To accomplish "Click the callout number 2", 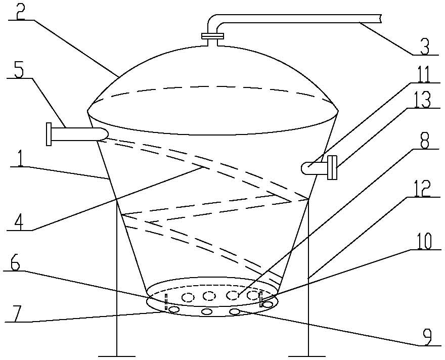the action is click(20, 11).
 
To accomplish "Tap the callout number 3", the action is click(425, 46).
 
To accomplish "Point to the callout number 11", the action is click(423, 74).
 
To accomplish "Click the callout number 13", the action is click(422, 100).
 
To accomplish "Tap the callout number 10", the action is click(423, 241).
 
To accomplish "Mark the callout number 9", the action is click(426, 337).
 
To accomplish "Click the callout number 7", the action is click(16, 314).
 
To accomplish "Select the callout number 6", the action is click(15, 263).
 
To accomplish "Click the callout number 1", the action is click(20, 159).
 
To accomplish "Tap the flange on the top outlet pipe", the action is click(212, 36).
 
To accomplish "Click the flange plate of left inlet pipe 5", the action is click(49, 134).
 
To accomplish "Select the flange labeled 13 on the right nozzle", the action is click(332, 167).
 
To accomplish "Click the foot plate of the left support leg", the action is click(117, 356).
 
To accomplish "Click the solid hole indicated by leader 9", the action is click(235, 312).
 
